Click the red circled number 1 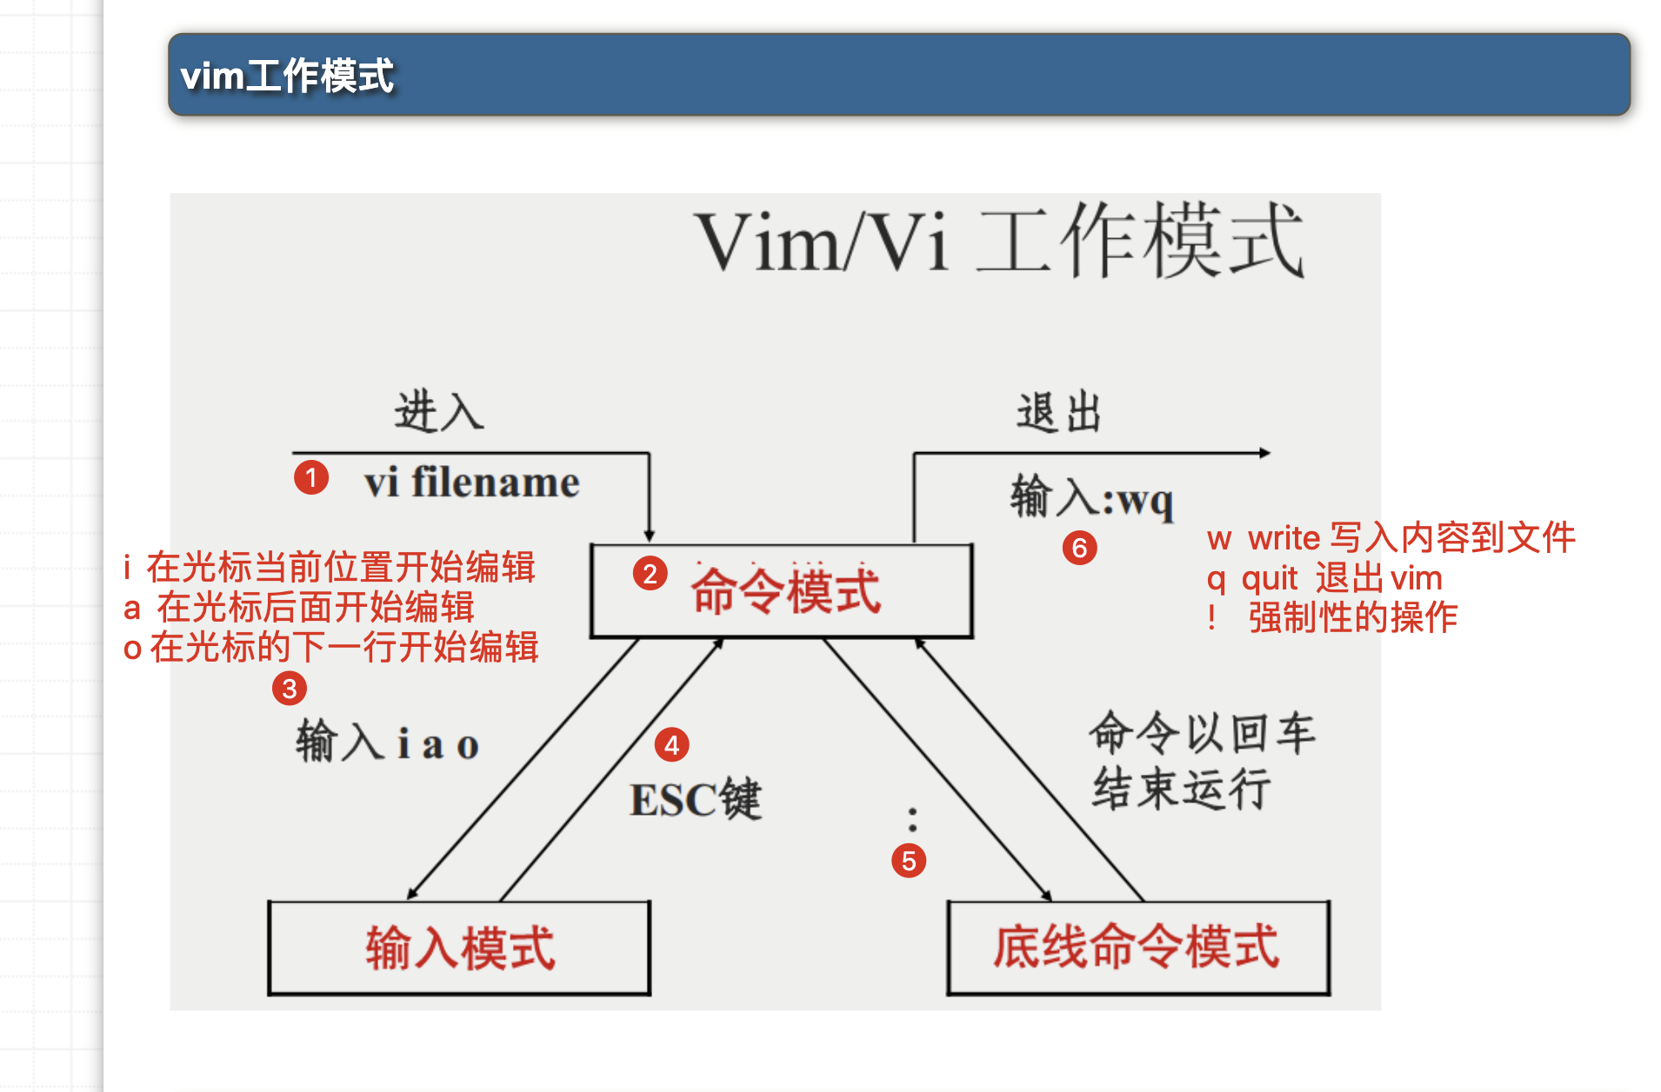click(x=310, y=477)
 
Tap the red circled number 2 click(x=650, y=574)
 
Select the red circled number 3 click(x=290, y=689)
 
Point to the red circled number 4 click(x=671, y=745)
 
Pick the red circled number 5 click(x=909, y=861)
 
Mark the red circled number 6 click(x=1079, y=548)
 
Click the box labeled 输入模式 click(x=459, y=948)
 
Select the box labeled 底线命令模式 click(x=1137, y=948)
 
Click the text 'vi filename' click(x=471, y=483)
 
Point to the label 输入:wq click(x=1091, y=498)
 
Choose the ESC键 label click(x=695, y=799)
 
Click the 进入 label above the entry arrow click(x=438, y=411)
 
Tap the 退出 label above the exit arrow click(x=1059, y=412)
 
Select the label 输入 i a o click(x=387, y=743)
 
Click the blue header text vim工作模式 click(x=287, y=76)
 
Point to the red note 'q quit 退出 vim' click(x=1324, y=578)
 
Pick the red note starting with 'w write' click(x=1391, y=538)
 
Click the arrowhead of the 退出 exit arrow click(x=1264, y=453)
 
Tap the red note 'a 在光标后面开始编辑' click(x=299, y=608)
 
